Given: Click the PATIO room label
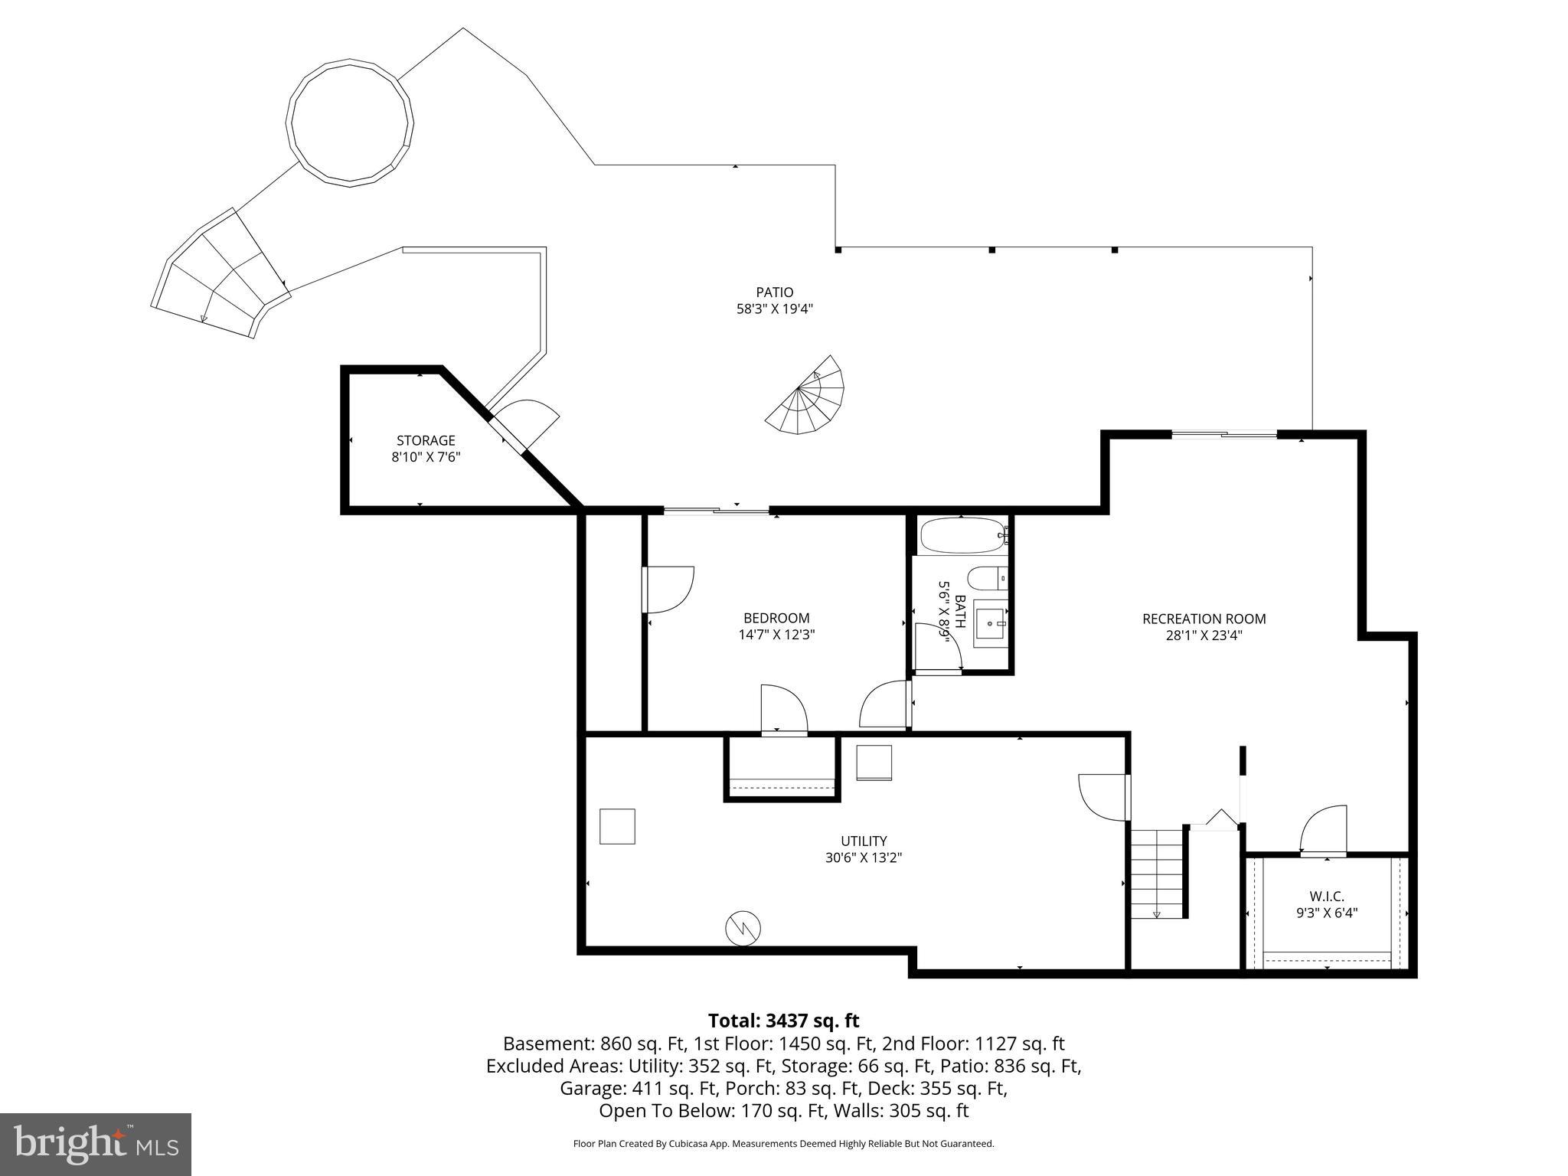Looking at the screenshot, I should tap(774, 292).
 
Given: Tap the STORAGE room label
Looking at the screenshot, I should tap(426, 440).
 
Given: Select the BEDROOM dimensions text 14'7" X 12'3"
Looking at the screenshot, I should tap(776, 635).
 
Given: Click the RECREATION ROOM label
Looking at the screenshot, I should tap(1204, 619).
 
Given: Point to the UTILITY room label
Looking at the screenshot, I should tap(864, 841).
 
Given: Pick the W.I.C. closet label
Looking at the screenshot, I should tap(1326, 896).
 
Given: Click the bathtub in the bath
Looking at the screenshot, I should tap(962, 535).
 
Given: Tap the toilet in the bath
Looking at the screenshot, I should tap(986, 577).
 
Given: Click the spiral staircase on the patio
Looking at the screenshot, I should tap(808, 398).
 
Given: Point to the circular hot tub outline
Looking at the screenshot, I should tap(350, 122).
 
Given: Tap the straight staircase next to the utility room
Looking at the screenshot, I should tap(1158, 873).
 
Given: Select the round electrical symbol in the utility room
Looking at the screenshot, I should tap(743, 929).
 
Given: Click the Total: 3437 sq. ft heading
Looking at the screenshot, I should tap(783, 1021).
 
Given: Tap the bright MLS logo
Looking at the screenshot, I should tap(96, 1144).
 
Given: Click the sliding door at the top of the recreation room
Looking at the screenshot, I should tap(1223, 435).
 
